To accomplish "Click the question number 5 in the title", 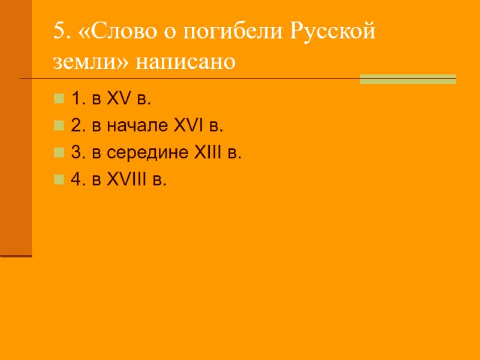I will coord(58,32).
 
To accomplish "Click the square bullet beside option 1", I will coord(58,98).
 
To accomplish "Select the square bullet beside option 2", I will coord(58,125).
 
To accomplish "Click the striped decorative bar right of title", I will coord(407,79).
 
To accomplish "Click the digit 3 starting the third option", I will coord(75,152).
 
